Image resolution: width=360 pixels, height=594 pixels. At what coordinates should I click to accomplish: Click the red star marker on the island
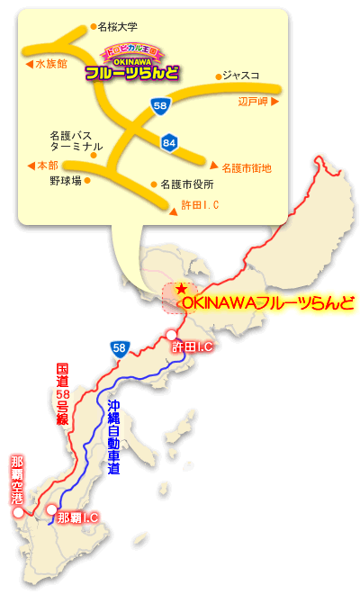182,290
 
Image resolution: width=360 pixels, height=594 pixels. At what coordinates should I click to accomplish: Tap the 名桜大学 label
122,28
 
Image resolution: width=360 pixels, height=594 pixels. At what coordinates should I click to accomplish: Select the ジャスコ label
240,76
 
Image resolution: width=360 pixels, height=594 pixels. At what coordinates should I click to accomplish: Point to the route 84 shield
169,141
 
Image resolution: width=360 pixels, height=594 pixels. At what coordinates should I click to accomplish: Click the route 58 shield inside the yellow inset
160,107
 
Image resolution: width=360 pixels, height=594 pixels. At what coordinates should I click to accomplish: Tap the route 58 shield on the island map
119,346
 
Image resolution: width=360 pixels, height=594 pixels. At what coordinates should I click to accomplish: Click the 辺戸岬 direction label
254,102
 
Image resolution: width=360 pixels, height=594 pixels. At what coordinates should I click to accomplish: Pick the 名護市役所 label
187,184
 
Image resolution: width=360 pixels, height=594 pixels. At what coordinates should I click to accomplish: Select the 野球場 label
65,181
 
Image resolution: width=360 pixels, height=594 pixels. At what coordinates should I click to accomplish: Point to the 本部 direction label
45,166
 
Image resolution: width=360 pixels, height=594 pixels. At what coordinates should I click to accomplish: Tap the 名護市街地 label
245,167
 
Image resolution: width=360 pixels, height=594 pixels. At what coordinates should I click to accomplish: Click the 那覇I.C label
76,518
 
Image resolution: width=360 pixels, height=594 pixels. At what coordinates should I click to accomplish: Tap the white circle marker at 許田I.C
172,336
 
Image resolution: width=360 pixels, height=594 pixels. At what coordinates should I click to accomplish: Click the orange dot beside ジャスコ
218,76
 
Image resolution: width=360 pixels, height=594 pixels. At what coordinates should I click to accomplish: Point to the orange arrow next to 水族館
29,64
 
